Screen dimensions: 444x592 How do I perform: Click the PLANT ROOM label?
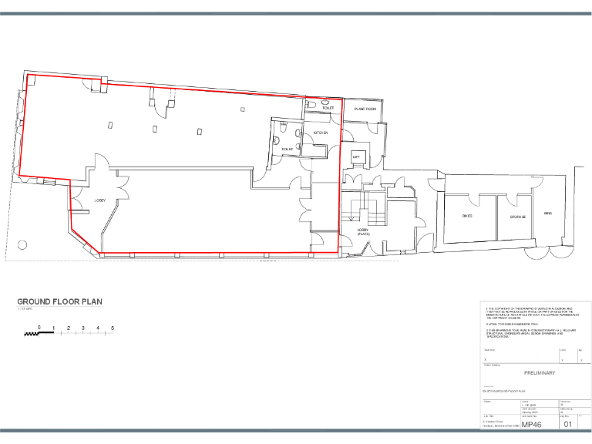point(365,110)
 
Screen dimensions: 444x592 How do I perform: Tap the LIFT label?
point(356,157)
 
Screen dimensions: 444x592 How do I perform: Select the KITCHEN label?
point(321,133)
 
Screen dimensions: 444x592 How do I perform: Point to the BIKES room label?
point(467,216)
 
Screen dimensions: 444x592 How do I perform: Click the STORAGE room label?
point(517,217)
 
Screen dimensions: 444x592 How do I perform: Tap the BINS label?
point(548,214)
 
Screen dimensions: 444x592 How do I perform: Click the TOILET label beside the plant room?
point(328,109)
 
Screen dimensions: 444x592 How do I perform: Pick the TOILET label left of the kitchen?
point(288,148)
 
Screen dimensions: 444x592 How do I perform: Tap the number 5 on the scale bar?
point(113,328)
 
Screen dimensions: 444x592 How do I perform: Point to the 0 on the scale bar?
point(39,328)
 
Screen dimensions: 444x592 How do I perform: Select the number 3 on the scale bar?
point(83,328)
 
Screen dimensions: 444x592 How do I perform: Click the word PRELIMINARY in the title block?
point(529,373)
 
